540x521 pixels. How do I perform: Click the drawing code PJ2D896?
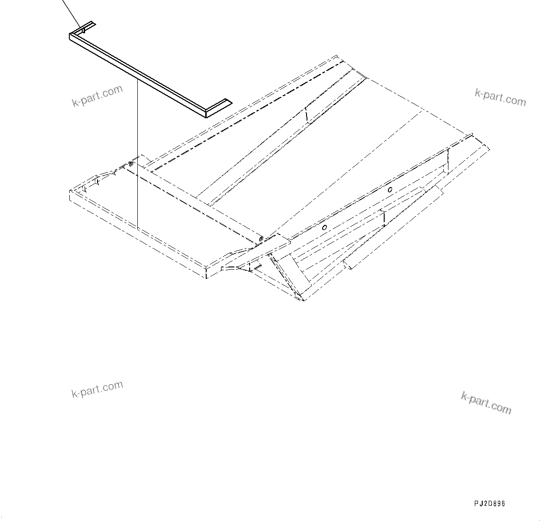click(x=489, y=503)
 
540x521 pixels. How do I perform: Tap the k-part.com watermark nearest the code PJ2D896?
click(x=486, y=402)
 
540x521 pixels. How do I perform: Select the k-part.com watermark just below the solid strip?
click(x=98, y=96)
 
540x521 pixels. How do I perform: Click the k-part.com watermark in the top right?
click(x=500, y=97)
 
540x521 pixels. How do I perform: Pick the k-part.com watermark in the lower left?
click(x=98, y=389)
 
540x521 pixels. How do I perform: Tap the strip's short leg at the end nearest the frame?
click(x=217, y=107)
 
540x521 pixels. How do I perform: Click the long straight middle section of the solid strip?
click(x=139, y=74)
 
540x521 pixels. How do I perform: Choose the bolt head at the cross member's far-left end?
click(x=131, y=164)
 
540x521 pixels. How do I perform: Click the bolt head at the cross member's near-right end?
click(x=261, y=238)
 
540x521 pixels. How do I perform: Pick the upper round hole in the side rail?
click(x=390, y=189)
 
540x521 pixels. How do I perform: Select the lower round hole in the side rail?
click(x=325, y=227)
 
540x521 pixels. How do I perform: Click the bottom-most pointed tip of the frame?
click(x=303, y=300)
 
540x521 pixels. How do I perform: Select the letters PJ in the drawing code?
click(x=478, y=503)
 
